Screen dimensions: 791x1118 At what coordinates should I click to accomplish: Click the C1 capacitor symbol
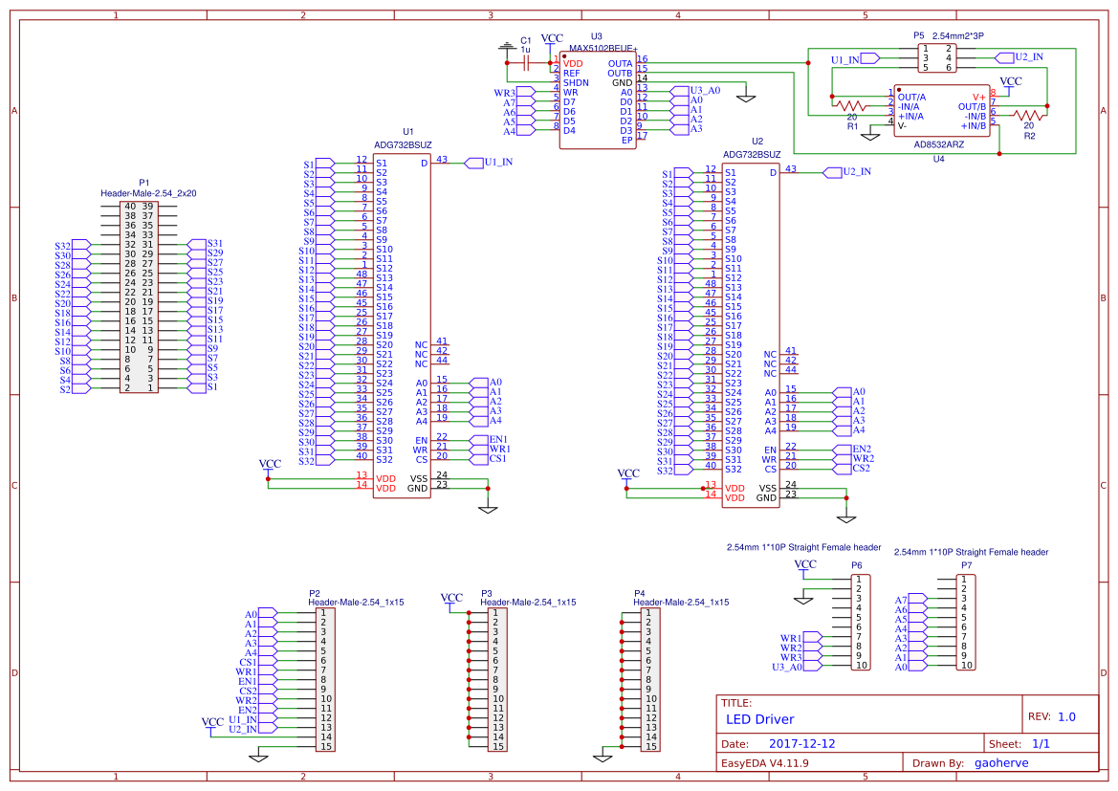pyautogui.click(x=526, y=62)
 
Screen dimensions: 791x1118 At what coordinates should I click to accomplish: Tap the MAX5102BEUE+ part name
pyautogui.click(x=603, y=47)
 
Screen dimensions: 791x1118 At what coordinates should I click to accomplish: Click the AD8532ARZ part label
pyautogui.click(x=938, y=144)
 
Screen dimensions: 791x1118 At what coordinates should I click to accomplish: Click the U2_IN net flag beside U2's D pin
pyautogui.click(x=855, y=172)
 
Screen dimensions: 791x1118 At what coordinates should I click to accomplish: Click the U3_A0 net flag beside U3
pyautogui.click(x=703, y=90)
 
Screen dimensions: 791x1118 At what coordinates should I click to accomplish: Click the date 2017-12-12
pyautogui.click(x=801, y=743)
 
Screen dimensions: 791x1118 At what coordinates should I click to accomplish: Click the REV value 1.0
pyautogui.click(x=1066, y=716)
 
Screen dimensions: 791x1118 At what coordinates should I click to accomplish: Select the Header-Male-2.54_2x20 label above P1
pyautogui.click(x=148, y=192)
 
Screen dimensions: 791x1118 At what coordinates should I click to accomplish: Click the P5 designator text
pyautogui.click(x=918, y=35)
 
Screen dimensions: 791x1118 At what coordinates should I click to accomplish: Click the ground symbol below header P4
pyautogui.click(x=602, y=755)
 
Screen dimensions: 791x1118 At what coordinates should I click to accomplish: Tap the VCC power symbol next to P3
pyautogui.click(x=452, y=600)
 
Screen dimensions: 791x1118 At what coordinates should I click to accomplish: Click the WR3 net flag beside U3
pyautogui.click(x=504, y=93)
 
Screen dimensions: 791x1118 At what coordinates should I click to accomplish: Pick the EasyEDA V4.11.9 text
pyautogui.click(x=765, y=763)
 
